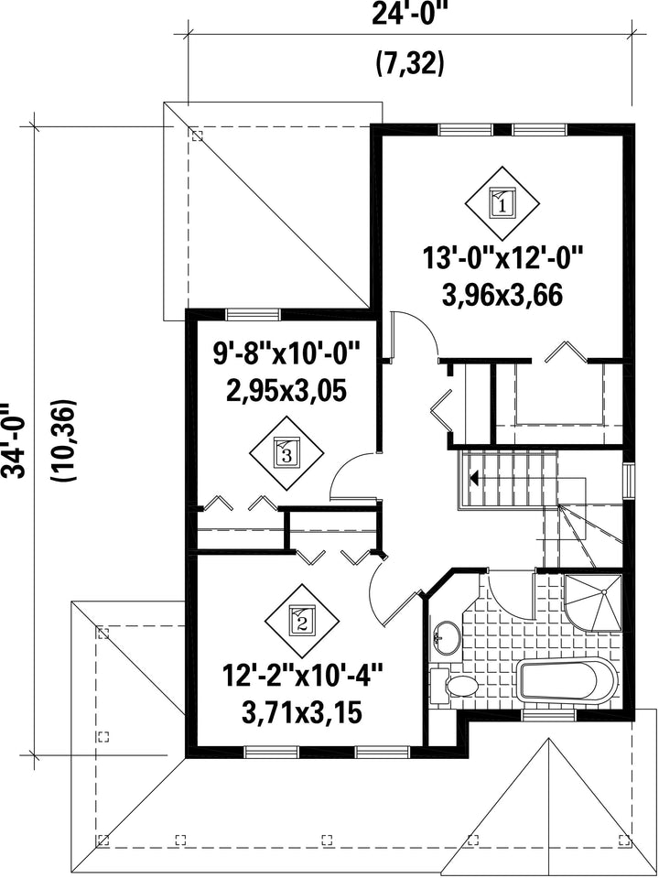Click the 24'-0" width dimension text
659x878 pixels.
[x=411, y=14]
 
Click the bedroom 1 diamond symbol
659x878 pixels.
[x=502, y=202]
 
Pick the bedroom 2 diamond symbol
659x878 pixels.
[x=301, y=621]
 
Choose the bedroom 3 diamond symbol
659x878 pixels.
[x=286, y=452]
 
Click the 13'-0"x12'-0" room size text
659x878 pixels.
[x=502, y=260]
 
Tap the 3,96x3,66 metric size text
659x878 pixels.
[x=502, y=296]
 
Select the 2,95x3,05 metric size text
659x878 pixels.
[x=286, y=390]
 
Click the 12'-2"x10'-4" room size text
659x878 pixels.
[x=303, y=677]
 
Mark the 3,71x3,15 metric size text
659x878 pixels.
[x=302, y=713]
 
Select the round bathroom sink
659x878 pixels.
[x=446, y=637]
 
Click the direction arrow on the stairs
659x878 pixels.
[x=474, y=479]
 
